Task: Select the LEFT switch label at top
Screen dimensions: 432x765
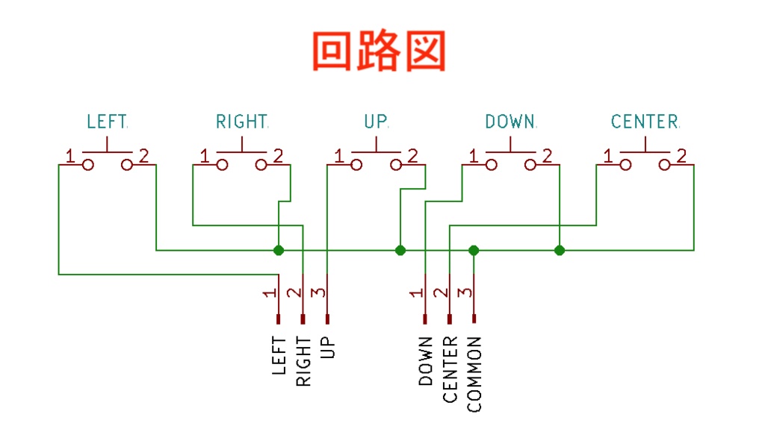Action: click(x=107, y=121)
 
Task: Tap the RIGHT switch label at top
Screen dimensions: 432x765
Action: click(x=241, y=121)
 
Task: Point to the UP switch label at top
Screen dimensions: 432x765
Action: click(x=376, y=121)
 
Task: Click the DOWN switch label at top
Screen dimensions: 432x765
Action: click(x=510, y=121)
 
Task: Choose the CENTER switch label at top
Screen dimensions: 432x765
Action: click(x=645, y=121)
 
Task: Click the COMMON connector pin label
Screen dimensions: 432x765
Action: click(x=474, y=375)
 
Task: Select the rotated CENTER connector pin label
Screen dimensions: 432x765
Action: click(x=450, y=370)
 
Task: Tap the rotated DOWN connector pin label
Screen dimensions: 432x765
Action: click(x=426, y=362)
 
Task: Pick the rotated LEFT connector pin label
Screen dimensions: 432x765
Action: click(x=279, y=355)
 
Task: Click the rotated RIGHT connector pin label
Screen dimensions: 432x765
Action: click(x=303, y=362)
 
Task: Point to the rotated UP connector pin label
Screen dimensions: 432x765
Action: click(x=327, y=347)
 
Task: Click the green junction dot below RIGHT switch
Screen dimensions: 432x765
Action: click(x=279, y=250)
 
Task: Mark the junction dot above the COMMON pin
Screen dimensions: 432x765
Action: click(x=473, y=250)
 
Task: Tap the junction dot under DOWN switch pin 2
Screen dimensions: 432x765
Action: click(x=560, y=250)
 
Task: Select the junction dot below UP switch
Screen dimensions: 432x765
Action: click(x=400, y=250)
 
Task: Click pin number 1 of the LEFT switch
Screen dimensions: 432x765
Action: click(x=69, y=157)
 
